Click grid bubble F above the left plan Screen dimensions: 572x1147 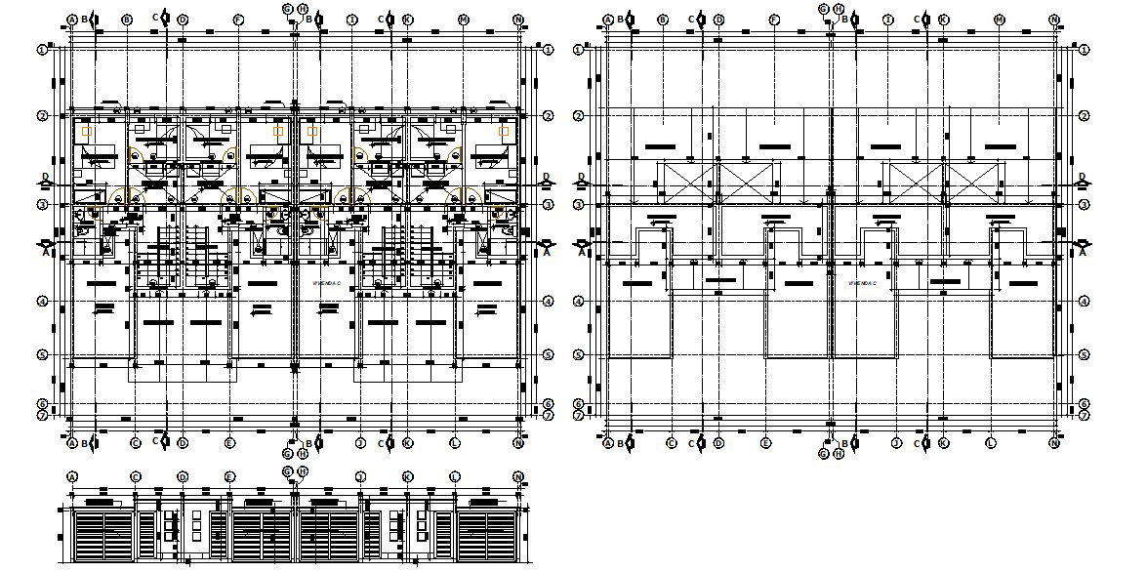[238, 20]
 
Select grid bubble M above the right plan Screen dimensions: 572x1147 [1000, 20]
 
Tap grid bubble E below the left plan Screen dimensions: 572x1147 [229, 443]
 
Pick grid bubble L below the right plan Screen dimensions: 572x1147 [991, 443]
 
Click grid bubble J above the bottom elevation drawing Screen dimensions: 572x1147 [360, 477]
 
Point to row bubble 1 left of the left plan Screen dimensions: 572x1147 [43, 49]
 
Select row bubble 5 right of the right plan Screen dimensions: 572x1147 [1085, 355]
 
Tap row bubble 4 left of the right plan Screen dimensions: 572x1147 [579, 302]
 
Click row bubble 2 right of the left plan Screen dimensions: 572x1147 [549, 116]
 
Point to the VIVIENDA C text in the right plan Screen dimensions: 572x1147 [861, 283]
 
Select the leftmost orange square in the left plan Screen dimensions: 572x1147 [87, 132]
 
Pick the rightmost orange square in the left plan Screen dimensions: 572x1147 [504, 131]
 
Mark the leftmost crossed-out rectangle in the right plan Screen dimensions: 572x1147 [689, 184]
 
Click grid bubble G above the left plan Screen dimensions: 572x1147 [288, 9]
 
